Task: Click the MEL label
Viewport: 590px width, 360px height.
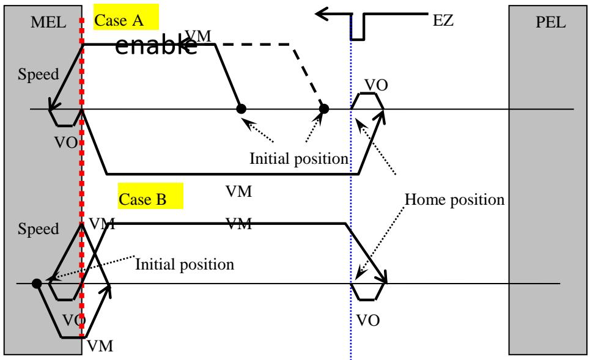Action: (x=48, y=22)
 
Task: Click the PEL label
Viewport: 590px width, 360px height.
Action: (x=550, y=22)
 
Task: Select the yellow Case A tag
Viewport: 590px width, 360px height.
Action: (x=126, y=17)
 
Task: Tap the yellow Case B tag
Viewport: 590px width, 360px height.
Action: (x=150, y=196)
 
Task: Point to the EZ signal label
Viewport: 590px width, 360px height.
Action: (x=443, y=20)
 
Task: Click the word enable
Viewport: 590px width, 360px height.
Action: (x=156, y=46)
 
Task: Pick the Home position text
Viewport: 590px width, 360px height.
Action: (x=454, y=200)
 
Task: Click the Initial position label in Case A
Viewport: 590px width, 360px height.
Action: (x=299, y=159)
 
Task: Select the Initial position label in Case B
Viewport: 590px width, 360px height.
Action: (x=185, y=265)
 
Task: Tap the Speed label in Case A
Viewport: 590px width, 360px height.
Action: (x=39, y=74)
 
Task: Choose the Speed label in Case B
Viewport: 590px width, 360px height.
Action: (x=39, y=229)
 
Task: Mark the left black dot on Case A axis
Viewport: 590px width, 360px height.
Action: (x=241, y=109)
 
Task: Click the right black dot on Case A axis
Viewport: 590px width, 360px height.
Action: (x=323, y=109)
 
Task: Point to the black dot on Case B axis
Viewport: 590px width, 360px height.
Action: (x=37, y=283)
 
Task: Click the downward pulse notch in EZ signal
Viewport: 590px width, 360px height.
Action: (x=358, y=27)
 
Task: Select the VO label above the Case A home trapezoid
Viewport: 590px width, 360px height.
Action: (x=376, y=86)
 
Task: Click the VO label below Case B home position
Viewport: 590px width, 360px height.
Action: (x=368, y=320)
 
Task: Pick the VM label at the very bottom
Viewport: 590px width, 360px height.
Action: (x=100, y=346)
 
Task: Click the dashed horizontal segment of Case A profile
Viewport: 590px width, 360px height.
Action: (x=256, y=45)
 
